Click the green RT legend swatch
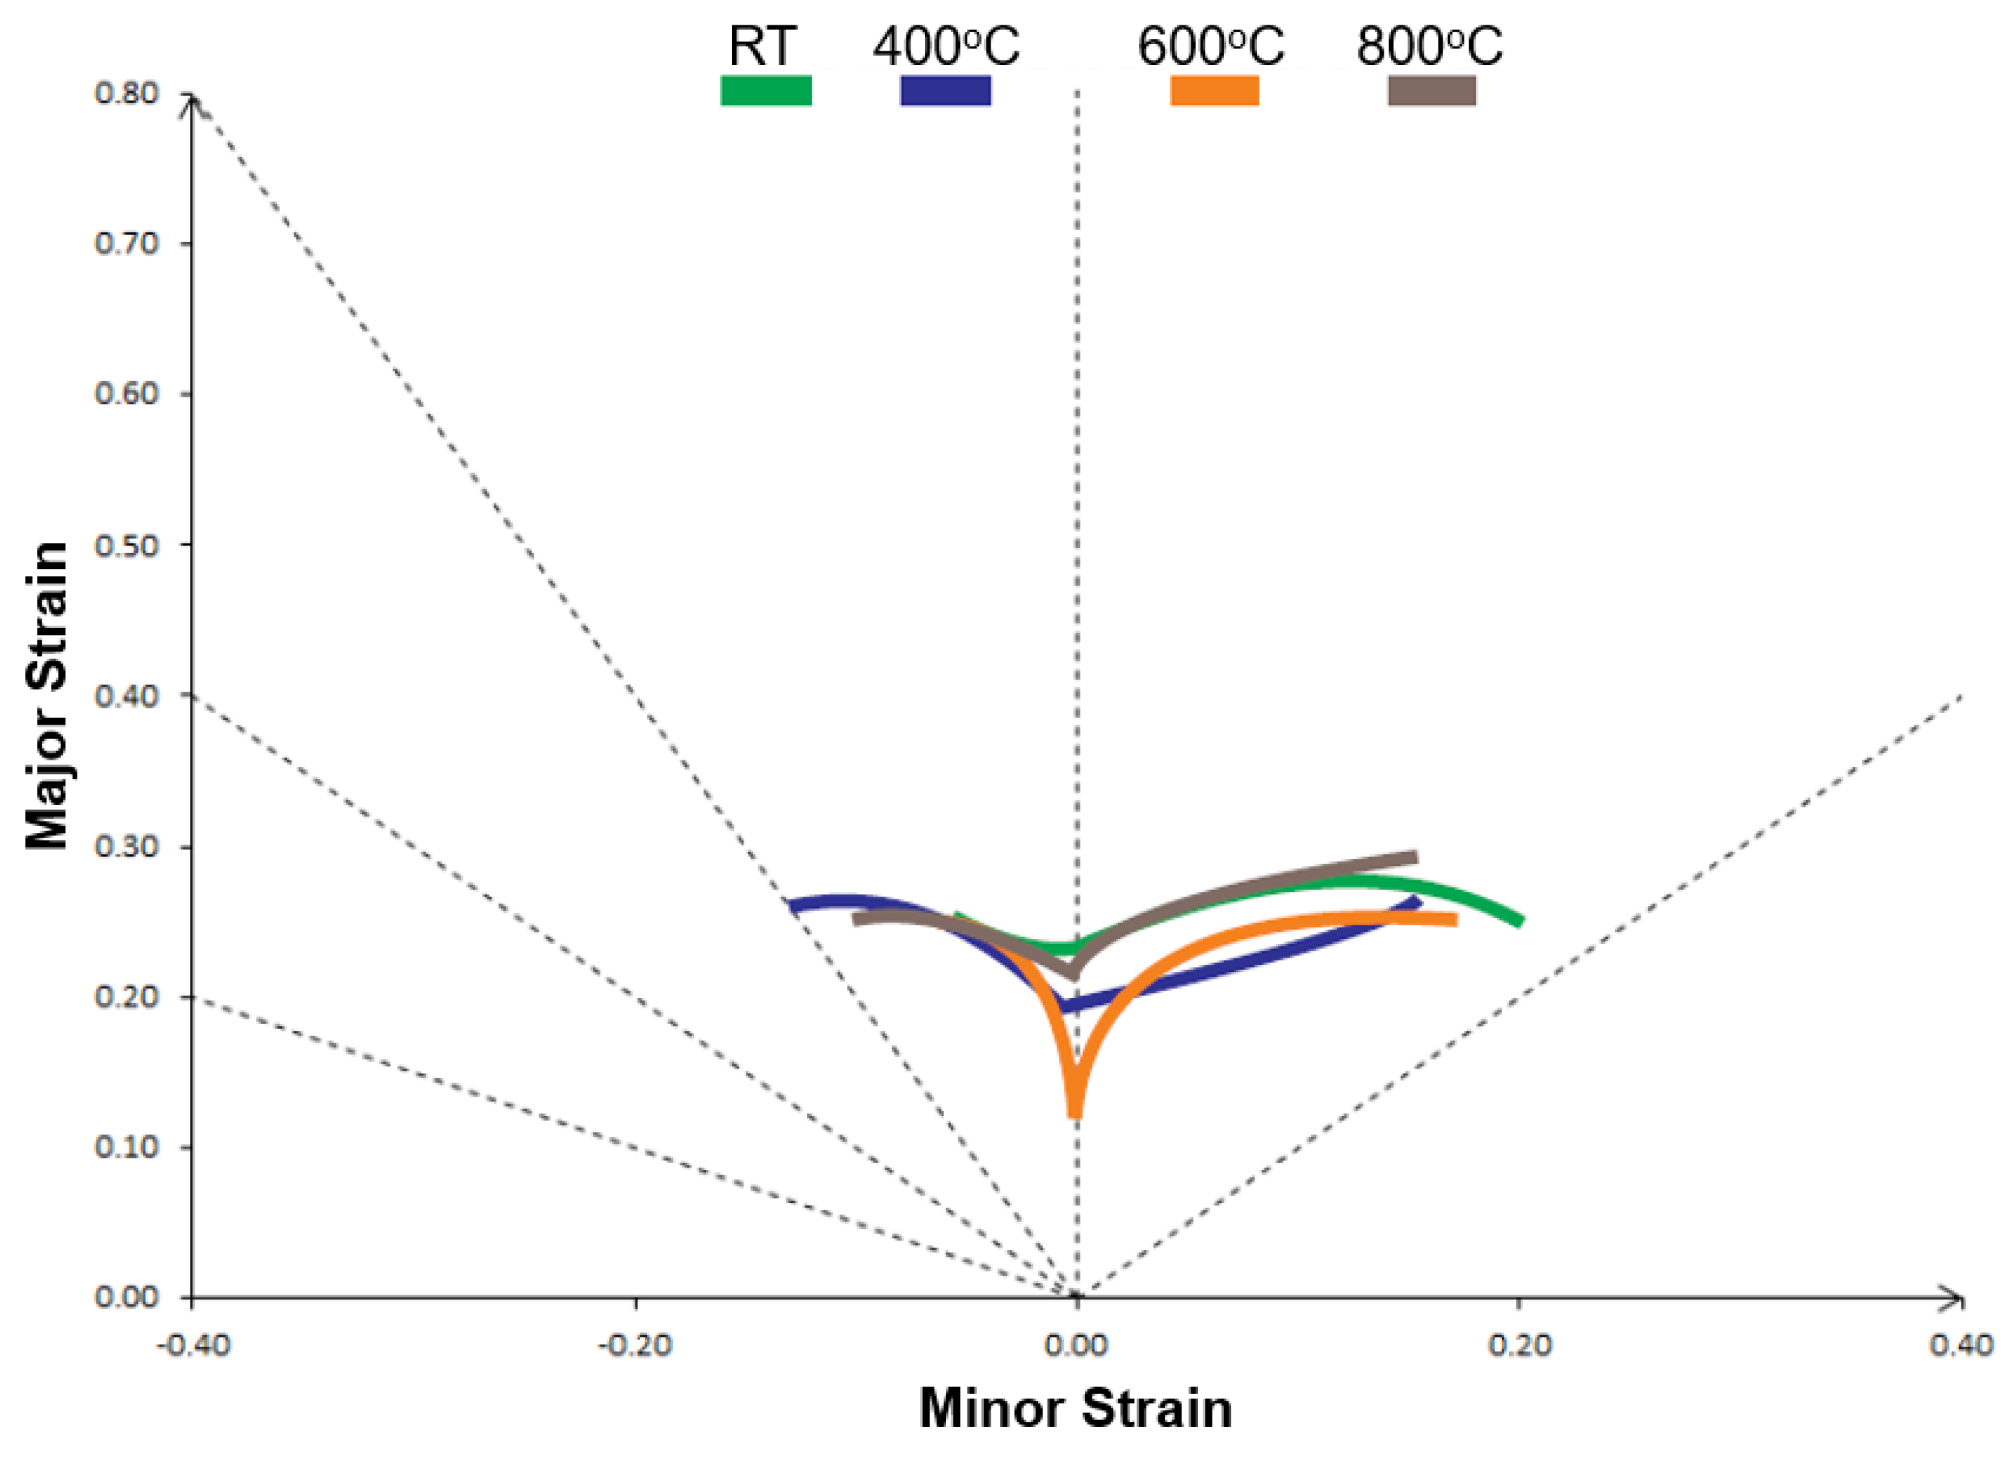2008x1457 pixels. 766,90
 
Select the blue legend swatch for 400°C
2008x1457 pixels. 945,90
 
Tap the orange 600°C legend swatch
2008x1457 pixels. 1215,90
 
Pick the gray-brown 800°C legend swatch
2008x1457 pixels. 1432,90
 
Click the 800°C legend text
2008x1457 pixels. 1429,46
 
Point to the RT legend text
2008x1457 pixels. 762,46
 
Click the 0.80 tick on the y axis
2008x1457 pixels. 126,93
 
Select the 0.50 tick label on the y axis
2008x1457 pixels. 126,545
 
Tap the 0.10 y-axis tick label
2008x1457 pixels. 126,1147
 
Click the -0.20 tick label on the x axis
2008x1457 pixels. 635,1345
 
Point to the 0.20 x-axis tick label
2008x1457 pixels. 1520,1345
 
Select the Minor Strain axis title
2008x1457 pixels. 1076,1408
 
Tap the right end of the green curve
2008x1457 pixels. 1519,921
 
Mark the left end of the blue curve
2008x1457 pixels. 791,905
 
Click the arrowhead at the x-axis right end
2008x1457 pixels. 1959,1299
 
